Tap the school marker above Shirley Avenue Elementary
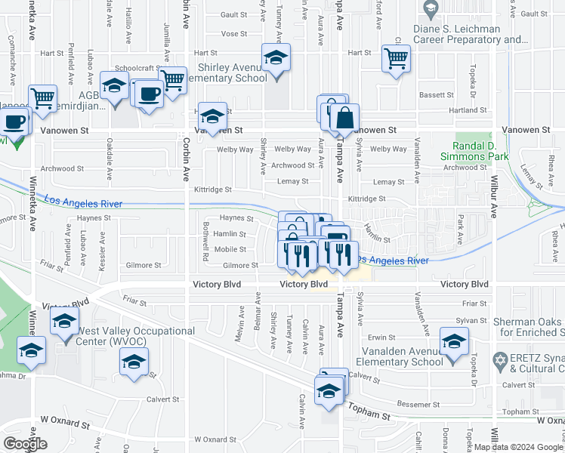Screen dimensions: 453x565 tap(276, 58)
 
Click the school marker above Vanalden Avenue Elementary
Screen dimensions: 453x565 tap(454, 343)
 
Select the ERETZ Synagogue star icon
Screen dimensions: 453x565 tap(498, 357)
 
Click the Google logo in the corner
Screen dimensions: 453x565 tap(25, 444)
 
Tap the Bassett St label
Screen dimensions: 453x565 tap(437, 96)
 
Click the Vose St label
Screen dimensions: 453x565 tap(234, 34)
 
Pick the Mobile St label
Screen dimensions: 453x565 tap(230, 249)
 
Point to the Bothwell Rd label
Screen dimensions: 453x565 tap(205, 242)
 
